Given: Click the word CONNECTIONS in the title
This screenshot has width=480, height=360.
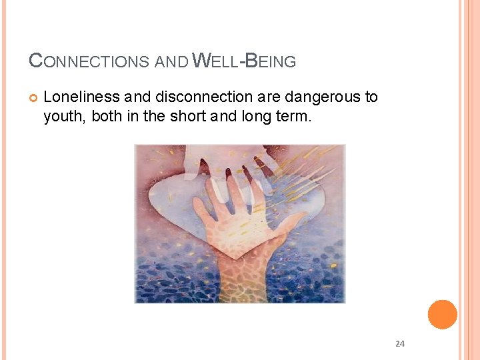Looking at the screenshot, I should [x=89, y=61].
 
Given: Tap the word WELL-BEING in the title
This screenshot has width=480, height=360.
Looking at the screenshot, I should [x=244, y=61].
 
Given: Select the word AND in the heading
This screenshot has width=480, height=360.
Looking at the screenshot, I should [x=171, y=62].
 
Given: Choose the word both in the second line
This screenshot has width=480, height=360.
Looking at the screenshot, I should [x=107, y=117].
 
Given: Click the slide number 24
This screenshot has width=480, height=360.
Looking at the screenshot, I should [x=400, y=344].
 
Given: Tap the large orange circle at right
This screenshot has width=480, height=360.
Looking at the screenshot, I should [x=442, y=315].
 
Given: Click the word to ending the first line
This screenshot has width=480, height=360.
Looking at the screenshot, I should [x=371, y=97].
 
